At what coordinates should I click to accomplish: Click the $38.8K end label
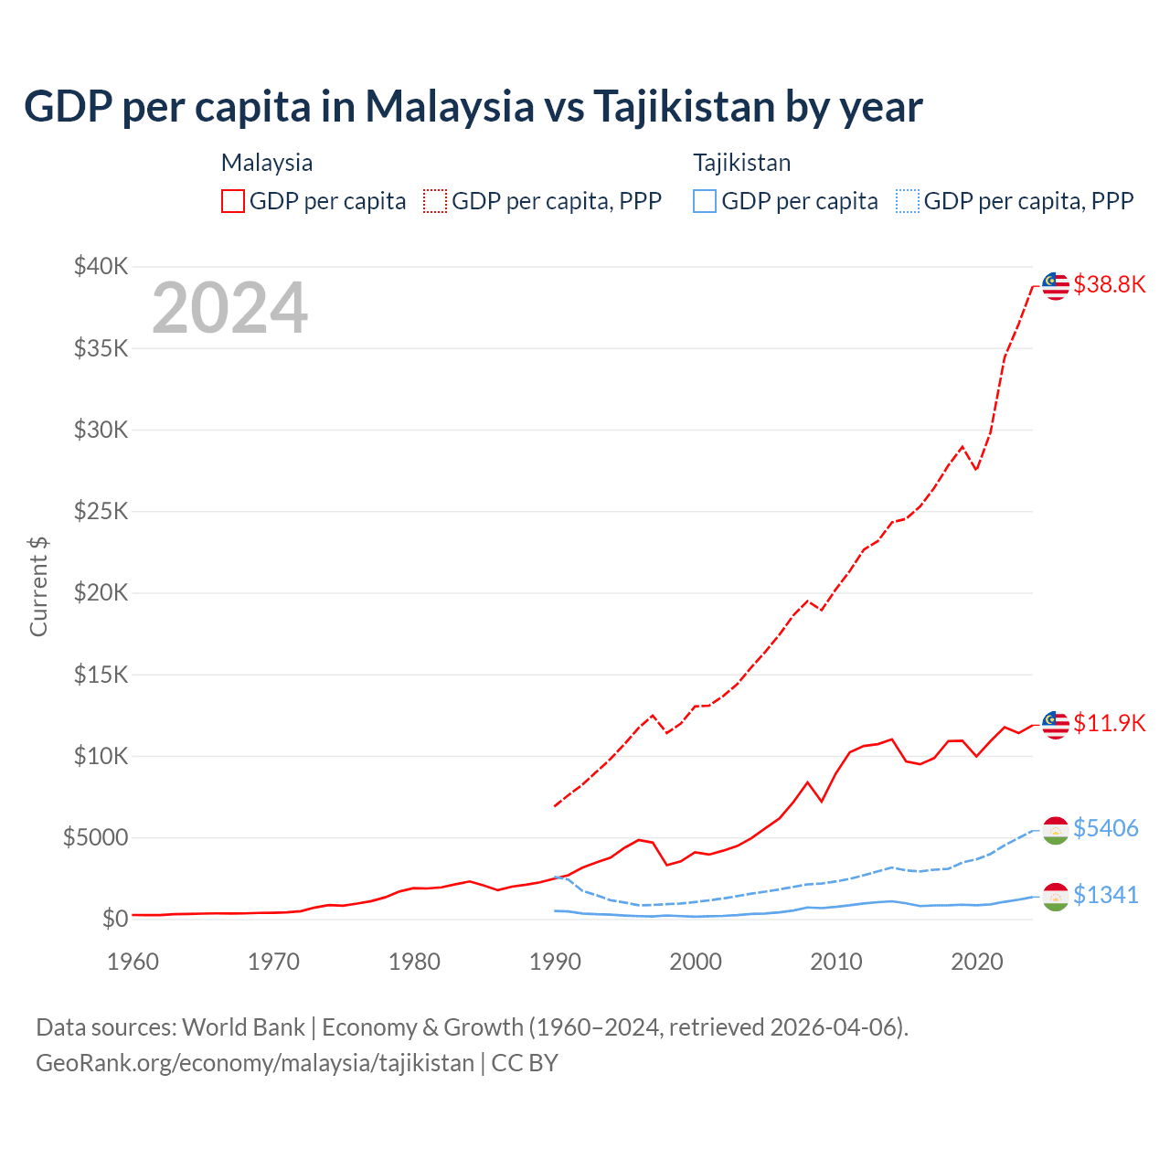click(x=1109, y=284)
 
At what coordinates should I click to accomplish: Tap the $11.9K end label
click(x=1109, y=723)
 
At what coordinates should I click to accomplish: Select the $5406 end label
click(x=1105, y=828)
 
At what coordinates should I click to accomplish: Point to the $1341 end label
click(x=1105, y=895)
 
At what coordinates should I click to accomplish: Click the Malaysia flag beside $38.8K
click(x=1056, y=286)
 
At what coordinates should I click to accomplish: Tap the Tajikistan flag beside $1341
click(x=1056, y=897)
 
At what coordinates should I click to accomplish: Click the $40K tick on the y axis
click(x=101, y=266)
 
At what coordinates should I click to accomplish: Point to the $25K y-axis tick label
click(x=101, y=511)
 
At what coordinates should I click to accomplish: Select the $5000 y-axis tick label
click(x=96, y=837)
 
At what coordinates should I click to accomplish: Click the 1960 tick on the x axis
click(x=133, y=962)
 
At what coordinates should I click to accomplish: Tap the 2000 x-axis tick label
click(x=696, y=962)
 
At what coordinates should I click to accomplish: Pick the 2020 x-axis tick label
click(x=977, y=962)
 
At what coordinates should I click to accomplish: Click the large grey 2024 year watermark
click(x=229, y=308)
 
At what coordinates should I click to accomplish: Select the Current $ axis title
click(x=38, y=586)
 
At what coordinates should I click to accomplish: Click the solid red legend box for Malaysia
click(x=233, y=201)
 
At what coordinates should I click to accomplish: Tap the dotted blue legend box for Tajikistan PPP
click(x=908, y=201)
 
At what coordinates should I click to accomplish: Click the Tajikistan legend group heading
click(x=741, y=163)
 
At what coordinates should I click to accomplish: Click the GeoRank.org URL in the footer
click(x=255, y=1063)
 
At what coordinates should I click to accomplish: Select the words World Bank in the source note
click(x=243, y=1027)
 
